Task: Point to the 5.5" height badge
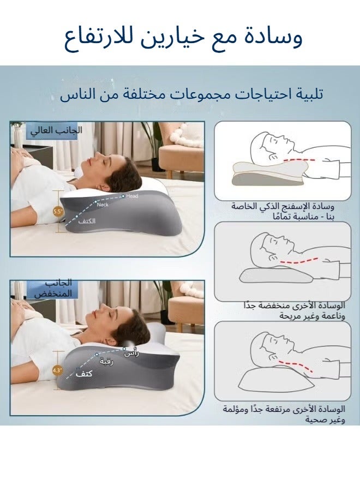point(57,211)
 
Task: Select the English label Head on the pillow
point(132,196)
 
